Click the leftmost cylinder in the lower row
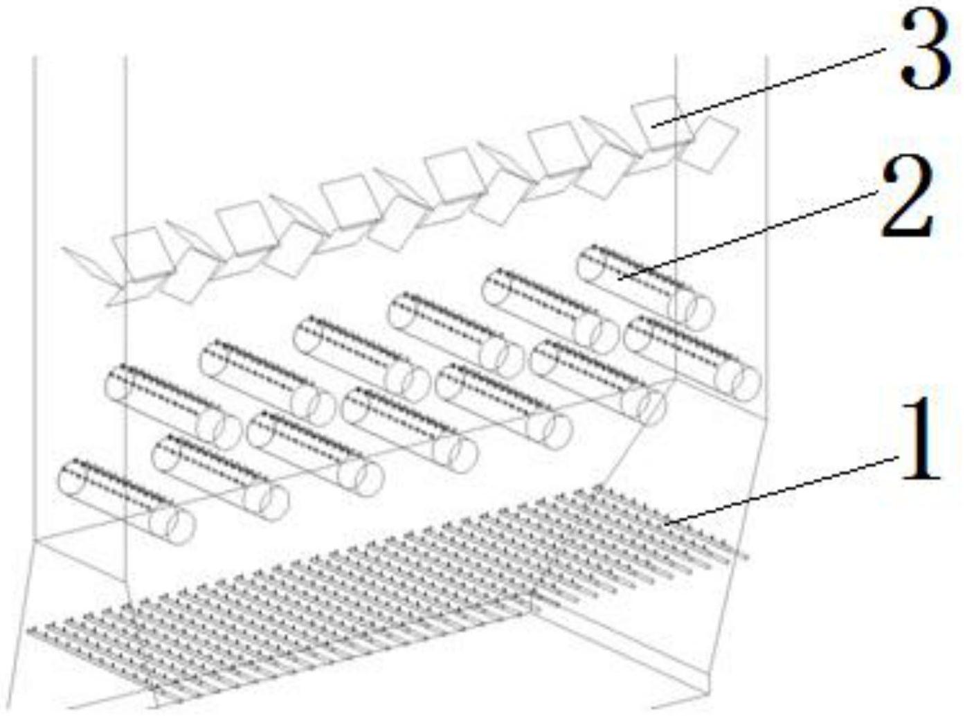click(126, 502)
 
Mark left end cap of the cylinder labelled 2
click(590, 264)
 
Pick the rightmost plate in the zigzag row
click(710, 144)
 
